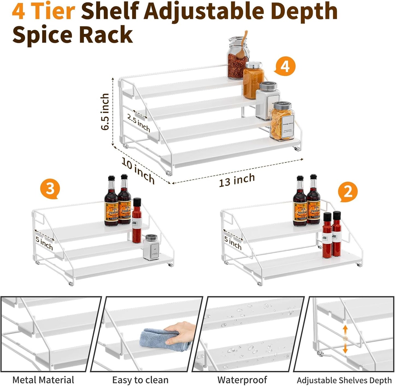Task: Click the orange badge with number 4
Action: [285, 66]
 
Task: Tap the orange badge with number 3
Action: [50, 188]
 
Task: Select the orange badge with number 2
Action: [347, 192]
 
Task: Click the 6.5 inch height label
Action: [105, 112]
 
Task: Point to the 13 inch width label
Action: [237, 180]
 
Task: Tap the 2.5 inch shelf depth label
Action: [139, 123]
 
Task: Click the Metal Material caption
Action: [43, 380]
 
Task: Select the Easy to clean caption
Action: [140, 380]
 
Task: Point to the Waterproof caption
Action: [242, 380]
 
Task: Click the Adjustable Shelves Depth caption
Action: [344, 380]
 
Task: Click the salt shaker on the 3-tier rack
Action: [151, 247]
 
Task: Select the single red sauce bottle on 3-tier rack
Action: [137, 221]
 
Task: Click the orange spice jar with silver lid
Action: [253, 81]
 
